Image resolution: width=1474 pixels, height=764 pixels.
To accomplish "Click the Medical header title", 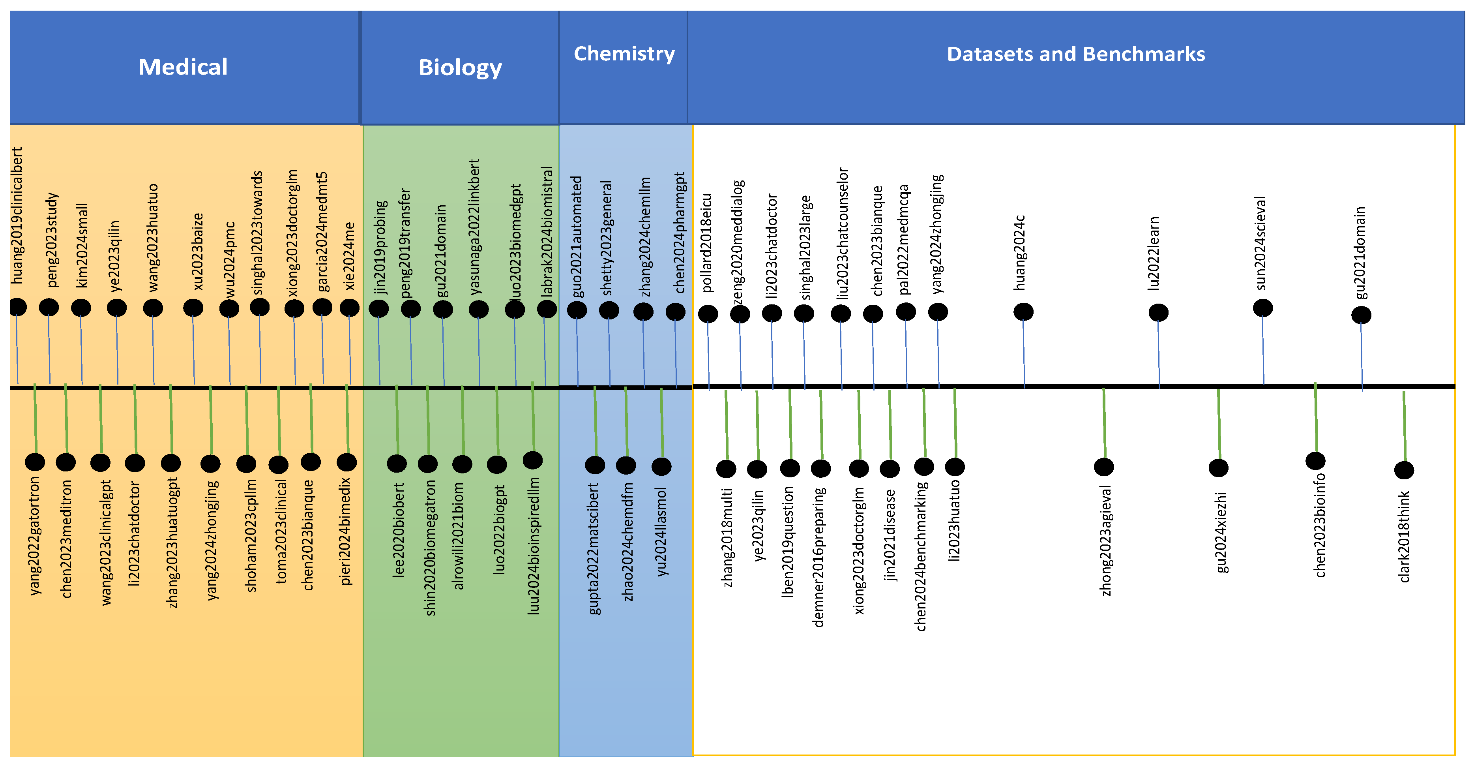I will [183, 67].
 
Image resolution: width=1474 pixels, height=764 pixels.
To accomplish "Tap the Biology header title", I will [460, 68].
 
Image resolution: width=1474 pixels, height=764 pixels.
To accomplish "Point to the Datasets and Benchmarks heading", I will [1076, 54].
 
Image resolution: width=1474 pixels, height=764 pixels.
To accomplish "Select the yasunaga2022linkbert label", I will [474, 227].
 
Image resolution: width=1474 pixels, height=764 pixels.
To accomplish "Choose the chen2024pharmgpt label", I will [680, 232].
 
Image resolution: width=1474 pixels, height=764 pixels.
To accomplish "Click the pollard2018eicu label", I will [707, 243].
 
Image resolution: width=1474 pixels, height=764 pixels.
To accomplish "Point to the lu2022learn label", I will [1154, 253].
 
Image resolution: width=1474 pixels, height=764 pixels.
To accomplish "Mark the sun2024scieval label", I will [1260, 243].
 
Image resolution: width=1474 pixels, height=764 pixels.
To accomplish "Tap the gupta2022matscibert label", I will [594, 549].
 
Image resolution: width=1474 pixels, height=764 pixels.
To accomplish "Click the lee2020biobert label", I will [399, 530].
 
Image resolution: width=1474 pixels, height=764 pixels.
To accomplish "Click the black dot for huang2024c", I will [1023, 312].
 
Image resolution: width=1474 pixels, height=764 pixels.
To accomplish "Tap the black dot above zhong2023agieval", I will [1104, 467].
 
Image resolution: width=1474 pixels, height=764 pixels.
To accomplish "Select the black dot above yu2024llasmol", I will [661, 466].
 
